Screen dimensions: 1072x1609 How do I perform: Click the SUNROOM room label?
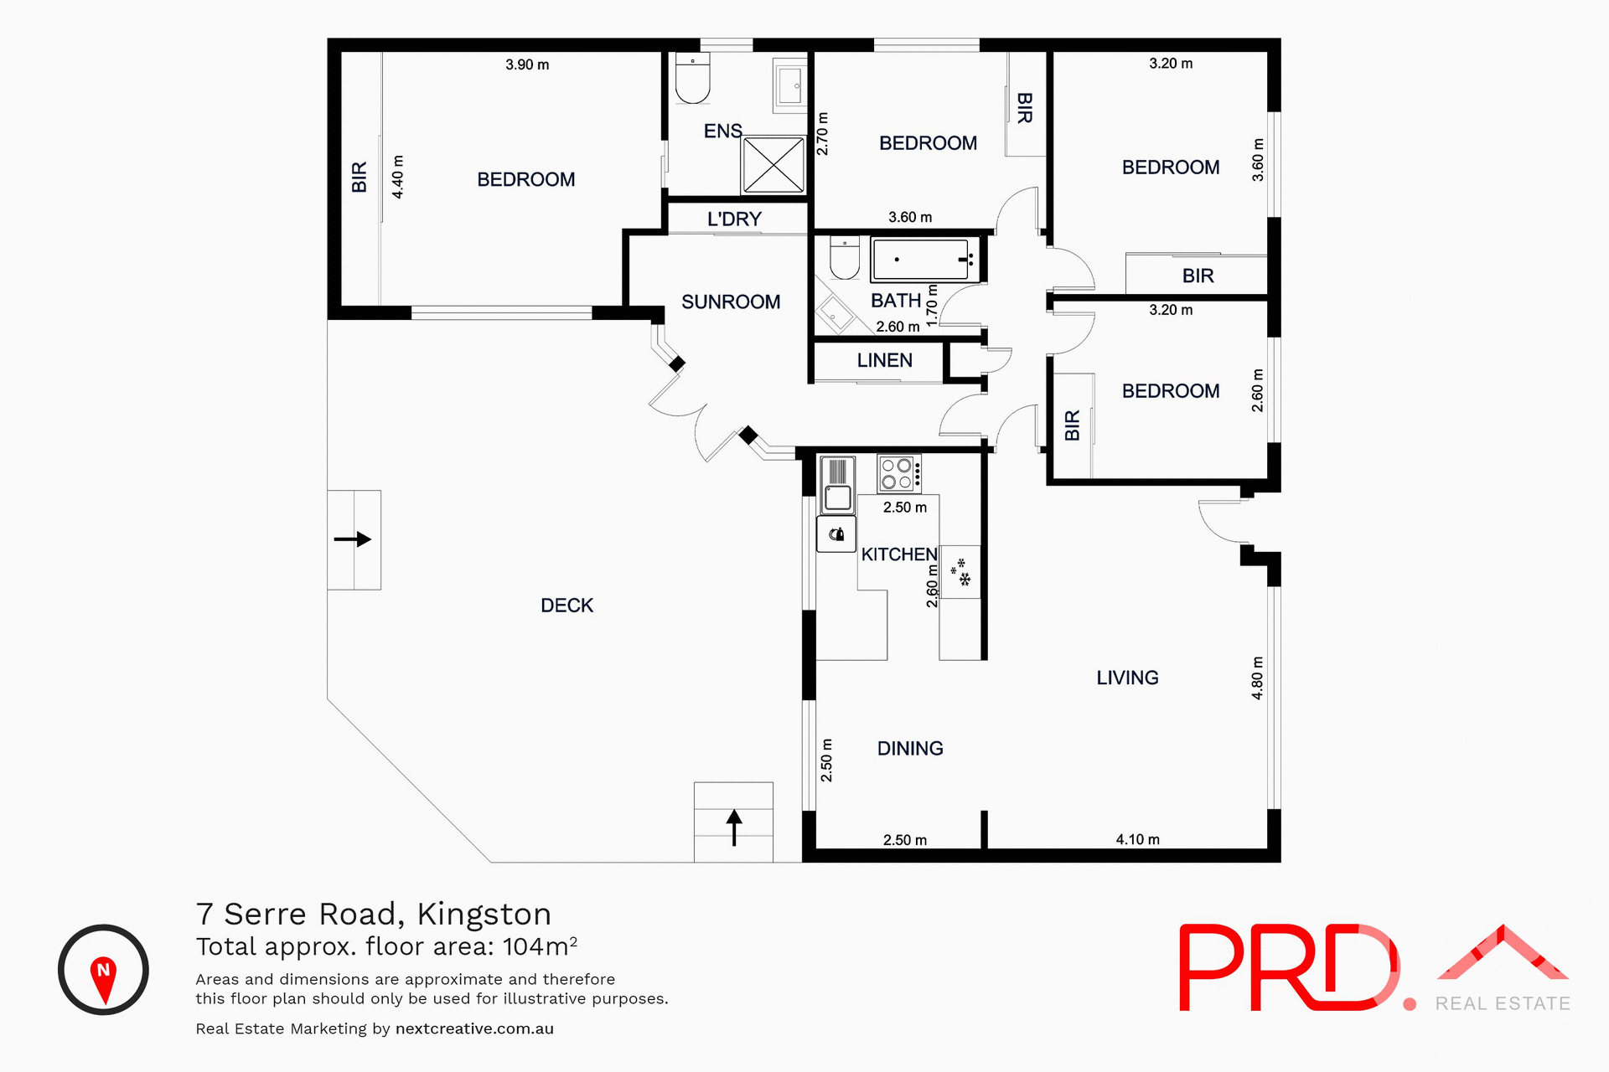click(731, 301)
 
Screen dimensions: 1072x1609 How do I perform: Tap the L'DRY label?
click(734, 219)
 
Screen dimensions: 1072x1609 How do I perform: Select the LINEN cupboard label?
click(884, 360)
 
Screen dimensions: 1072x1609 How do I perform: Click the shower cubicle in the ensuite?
click(773, 165)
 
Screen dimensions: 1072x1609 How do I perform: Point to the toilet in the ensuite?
click(692, 79)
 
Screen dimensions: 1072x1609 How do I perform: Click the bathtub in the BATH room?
click(921, 260)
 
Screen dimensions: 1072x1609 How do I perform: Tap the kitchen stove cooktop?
click(898, 473)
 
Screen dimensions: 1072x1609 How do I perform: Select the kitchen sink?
click(837, 486)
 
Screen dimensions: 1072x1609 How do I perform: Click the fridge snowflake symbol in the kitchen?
click(960, 572)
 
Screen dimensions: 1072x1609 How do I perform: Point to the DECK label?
click(567, 606)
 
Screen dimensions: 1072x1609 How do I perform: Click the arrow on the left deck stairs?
click(353, 539)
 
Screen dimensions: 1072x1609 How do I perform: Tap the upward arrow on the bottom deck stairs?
click(734, 827)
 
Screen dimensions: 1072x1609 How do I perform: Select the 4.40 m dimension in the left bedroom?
click(398, 177)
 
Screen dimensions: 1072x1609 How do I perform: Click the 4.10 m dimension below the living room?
click(1137, 839)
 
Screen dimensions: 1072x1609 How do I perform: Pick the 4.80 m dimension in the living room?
click(1257, 678)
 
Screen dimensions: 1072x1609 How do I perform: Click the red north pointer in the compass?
click(103, 977)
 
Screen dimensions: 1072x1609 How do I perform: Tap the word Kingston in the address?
click(484, 914)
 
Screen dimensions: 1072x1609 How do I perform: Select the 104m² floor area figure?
click(540, 946)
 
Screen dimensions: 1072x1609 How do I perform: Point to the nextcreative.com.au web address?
click(474, 1028)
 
